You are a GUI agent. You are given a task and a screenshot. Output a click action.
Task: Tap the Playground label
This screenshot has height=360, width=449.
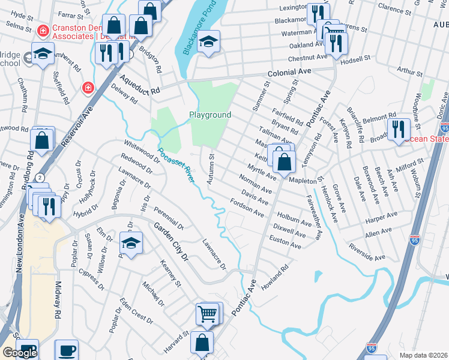point(210,115)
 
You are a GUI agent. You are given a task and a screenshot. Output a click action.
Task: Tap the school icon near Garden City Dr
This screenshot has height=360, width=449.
point(130,242)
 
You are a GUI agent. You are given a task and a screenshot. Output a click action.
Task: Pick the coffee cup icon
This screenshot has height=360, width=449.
point(66,350)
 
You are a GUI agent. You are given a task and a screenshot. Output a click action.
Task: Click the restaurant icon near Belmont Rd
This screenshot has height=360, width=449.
point(398,128)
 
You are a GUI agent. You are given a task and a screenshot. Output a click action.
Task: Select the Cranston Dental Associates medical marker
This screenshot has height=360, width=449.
point(43,30)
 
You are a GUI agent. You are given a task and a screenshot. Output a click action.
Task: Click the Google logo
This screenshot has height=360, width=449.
point(19,353)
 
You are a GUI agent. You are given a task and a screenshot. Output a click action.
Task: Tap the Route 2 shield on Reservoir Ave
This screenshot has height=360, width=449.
point(39,178)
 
